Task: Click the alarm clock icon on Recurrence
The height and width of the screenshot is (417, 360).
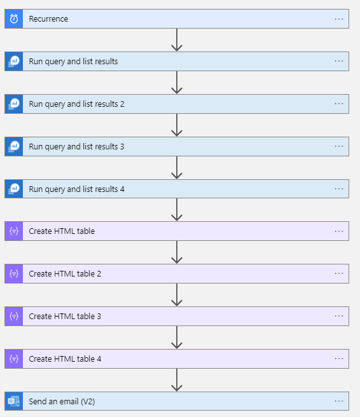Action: coord(14,19)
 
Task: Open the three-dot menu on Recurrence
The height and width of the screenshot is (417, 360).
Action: coord(339,19)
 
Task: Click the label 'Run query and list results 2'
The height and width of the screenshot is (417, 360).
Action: coord(76,104)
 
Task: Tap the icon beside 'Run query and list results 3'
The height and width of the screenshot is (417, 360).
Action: coord(14,147)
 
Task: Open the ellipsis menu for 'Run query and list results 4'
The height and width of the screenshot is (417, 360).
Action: coord(339,189)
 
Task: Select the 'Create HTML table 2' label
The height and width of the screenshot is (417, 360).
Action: coord(65,273)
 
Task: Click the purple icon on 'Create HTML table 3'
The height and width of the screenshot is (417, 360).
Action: coord(14,316)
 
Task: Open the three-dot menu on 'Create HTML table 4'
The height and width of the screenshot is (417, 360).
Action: coord(339,359)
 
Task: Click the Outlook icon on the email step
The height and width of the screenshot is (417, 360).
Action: coord(14,401)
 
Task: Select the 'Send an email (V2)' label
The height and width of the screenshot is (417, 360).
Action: coord(62,401)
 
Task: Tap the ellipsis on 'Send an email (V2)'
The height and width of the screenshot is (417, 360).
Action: coord(339,401)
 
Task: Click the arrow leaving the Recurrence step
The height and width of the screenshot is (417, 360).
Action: coord(177,39)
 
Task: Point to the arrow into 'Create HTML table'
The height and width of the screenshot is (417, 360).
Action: coord(177,210)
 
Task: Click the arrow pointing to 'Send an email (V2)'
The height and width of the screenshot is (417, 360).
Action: coord(177,379)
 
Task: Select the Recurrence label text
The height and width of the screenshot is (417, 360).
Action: coord(48,19)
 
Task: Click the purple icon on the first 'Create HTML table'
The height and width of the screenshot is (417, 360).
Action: coord(14,231)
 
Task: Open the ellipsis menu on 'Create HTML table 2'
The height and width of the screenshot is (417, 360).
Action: coord(339,273)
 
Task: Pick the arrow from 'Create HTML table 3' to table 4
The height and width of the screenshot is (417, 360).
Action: coord(177,337)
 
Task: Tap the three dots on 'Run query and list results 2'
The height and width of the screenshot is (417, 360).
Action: coord(339,104)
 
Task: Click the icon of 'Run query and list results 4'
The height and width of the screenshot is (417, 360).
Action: coord(14,189)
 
